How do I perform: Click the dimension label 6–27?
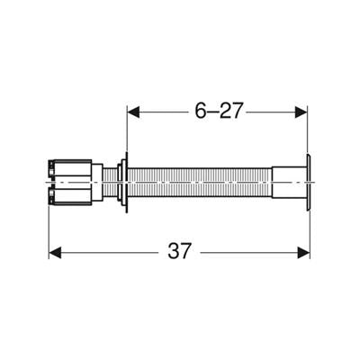218,111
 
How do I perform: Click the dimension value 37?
179,251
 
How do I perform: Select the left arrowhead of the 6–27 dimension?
134,112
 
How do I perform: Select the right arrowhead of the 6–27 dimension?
301,112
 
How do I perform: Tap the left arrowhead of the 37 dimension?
55,253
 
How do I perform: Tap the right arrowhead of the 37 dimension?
303,253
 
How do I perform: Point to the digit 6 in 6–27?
201,111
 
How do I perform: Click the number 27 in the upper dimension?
230,111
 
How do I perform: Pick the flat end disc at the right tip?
309,183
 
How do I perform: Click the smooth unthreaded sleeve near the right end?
289,183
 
